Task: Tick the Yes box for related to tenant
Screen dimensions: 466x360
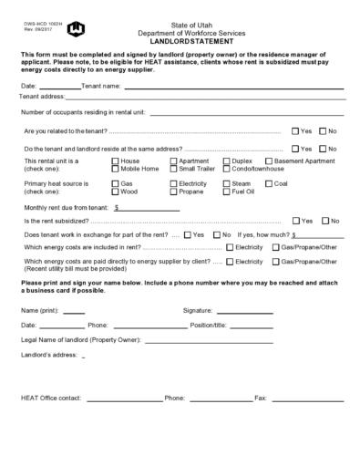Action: point(295,131)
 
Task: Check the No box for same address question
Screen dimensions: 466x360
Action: point(322,148)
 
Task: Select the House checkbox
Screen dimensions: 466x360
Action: point(115,161)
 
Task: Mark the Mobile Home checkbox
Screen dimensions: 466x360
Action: point(115,169)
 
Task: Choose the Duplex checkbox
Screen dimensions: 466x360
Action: point(227,161)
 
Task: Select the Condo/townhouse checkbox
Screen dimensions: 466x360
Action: point(227,169)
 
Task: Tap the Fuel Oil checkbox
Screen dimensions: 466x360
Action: point(227,192)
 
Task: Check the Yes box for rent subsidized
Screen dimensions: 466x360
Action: point(295,221)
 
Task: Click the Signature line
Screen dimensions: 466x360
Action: point(244,312)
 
